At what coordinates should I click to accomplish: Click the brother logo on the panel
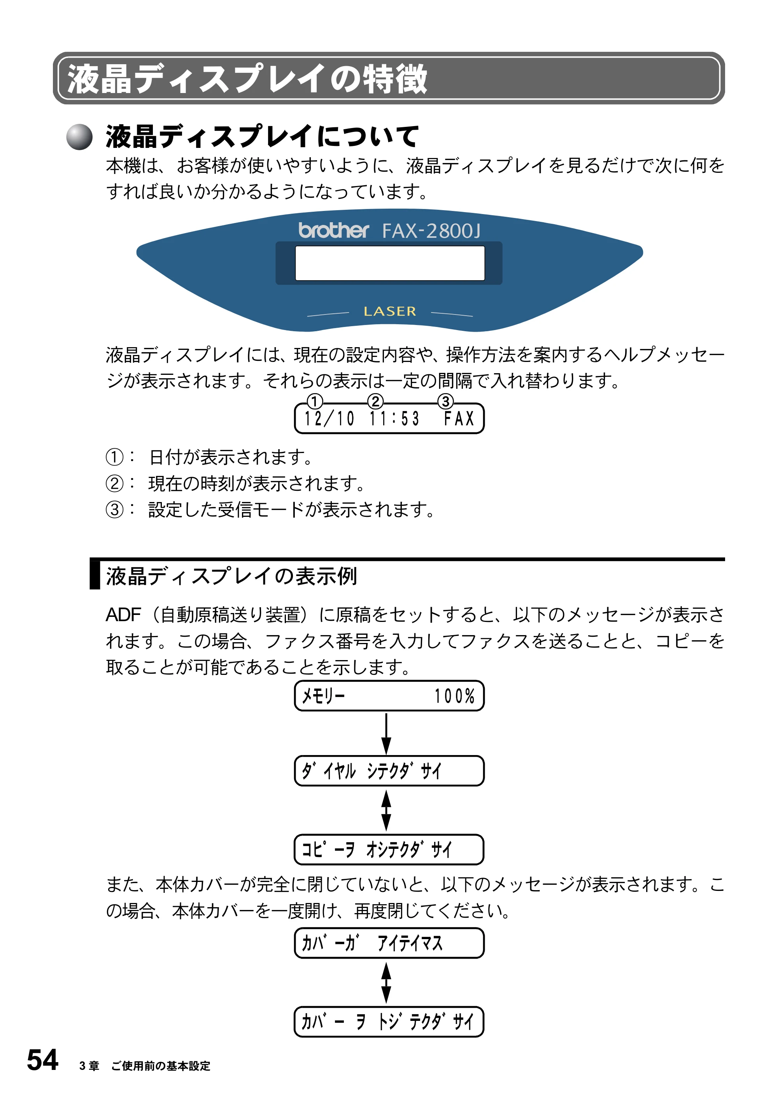click(333, 230)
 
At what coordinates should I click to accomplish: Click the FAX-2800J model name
click(431, 231)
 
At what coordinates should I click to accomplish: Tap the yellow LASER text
click(389, 311)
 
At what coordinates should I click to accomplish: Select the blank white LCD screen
click(389, 263)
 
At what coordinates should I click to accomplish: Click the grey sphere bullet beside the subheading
click(79, 137)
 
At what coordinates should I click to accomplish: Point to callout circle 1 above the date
click(315, 401)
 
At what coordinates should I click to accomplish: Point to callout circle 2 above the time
click(375, 401)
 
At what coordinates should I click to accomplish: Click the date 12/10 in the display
click(329, 418)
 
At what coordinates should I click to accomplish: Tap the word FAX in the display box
click(459, 418)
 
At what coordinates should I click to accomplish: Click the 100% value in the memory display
click(454, 696)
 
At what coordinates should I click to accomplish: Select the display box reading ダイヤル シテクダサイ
click(389, 771)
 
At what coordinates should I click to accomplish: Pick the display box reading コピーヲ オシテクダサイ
click(389, 849)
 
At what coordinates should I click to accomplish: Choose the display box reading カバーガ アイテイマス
click(389, 943)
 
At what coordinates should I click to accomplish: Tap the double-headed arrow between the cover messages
click(386, 983)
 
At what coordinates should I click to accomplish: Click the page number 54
click(43, 1060)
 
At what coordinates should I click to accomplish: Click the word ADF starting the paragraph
click(123, 615)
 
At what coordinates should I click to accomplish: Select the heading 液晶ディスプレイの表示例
click(231, 576)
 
